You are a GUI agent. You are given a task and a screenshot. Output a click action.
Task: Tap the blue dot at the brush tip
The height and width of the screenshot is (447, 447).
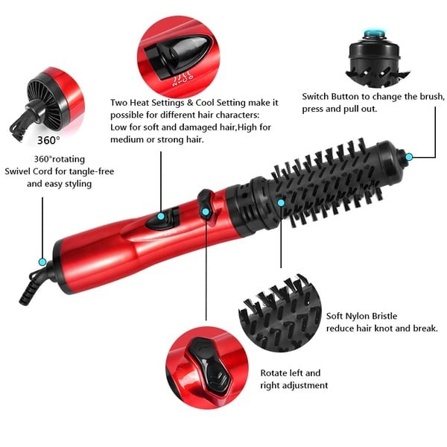click(x=409, y=156)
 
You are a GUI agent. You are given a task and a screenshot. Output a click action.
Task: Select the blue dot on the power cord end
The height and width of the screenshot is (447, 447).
click(x=42, y=261)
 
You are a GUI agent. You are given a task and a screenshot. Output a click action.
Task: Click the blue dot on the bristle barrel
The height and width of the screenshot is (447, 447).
click(x=281, y=202)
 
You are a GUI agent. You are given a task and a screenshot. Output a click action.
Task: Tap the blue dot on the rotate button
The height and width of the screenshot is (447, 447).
click(x=206, y=212)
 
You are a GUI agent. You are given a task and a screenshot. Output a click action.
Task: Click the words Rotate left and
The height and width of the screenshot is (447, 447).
click(x=290, y=372)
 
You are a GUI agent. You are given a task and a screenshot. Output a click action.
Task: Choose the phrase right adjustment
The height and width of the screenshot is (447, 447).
click(x=294, y=385)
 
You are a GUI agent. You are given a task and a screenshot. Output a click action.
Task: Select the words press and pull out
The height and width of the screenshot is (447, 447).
click(x=340, y=110)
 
